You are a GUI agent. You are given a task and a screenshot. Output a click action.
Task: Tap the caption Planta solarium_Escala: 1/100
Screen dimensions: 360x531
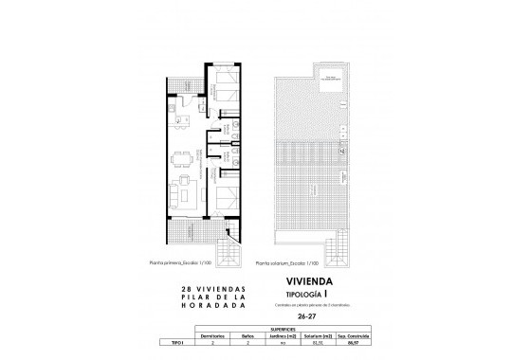pos(294,264)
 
